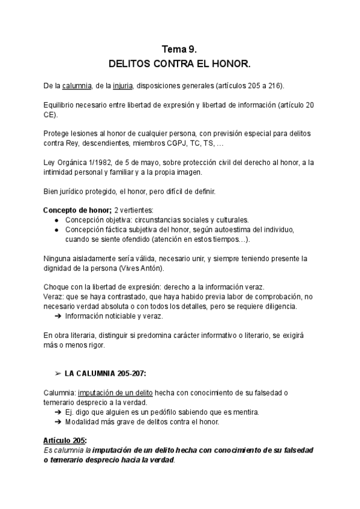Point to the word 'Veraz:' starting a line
(x=55, y=297)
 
